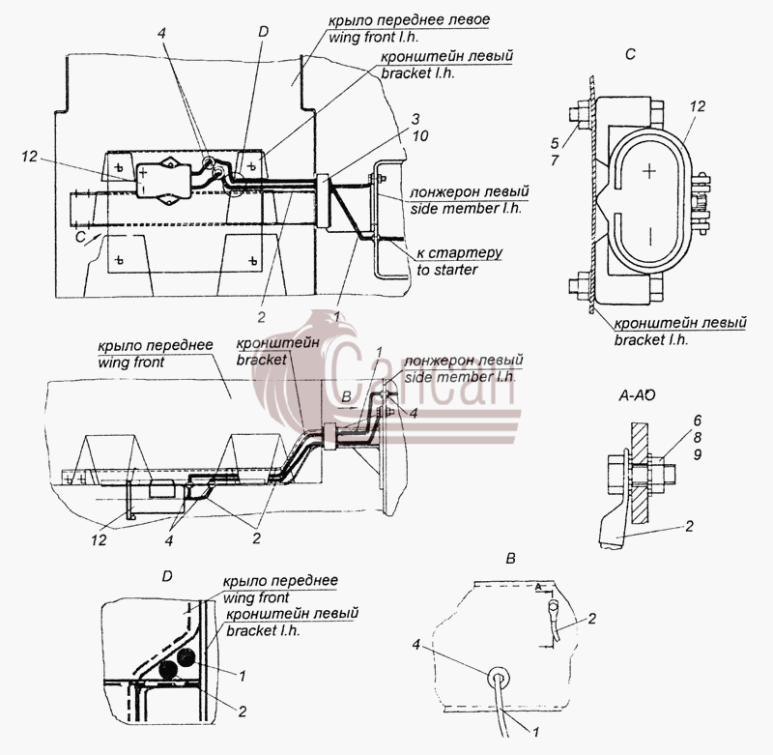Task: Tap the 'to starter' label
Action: click(447, 271)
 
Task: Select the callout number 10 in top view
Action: click(420, 136)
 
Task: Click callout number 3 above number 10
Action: click(415, 119)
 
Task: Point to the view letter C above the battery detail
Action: click(630, 54)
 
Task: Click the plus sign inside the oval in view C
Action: click(650, 171)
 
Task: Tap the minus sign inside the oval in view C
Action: click(650, 236)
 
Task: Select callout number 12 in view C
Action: click(698, 106)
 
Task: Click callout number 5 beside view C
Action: click(555, 143)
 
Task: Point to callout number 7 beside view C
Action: click(555, 160)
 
